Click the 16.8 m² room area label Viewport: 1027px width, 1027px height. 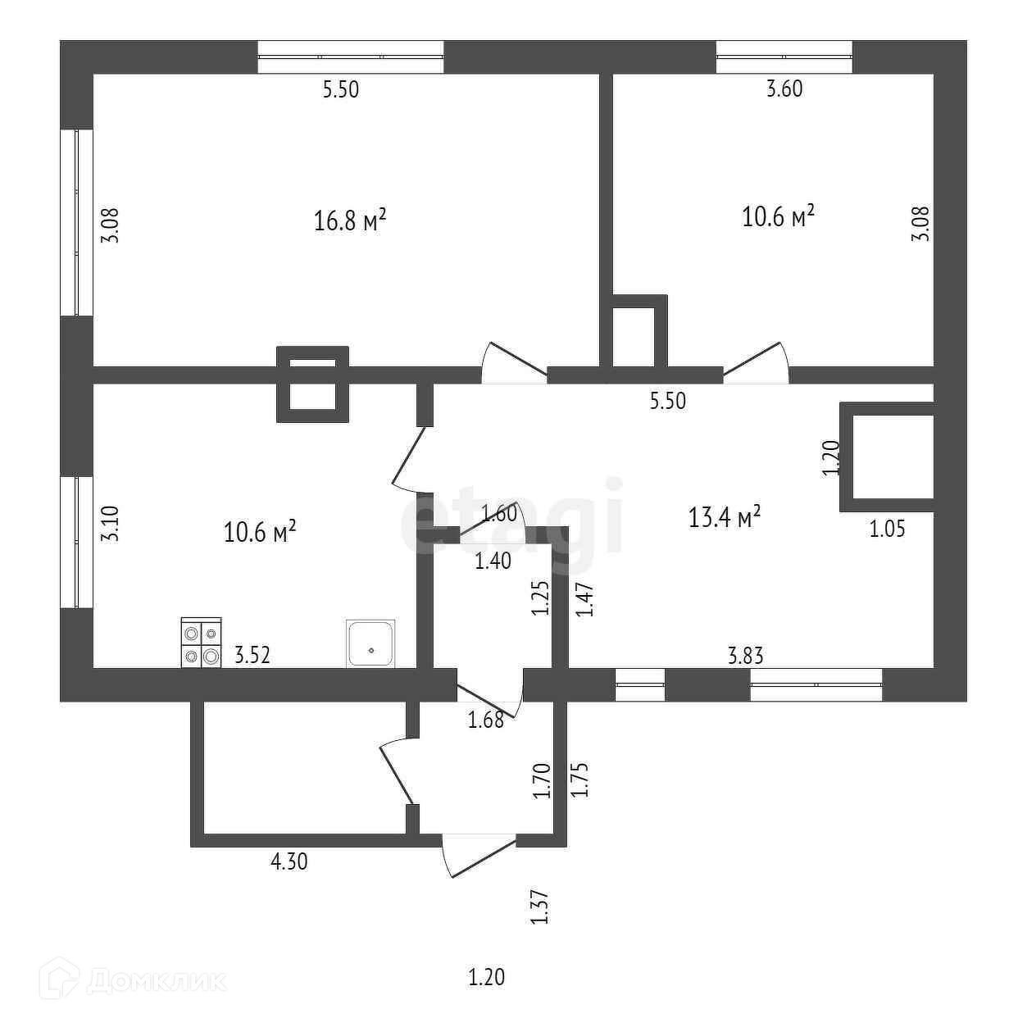pos(350,220)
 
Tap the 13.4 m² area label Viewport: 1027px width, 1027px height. pos(725,517)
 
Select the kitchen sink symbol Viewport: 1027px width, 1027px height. pos(370,643)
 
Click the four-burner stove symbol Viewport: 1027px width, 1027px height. pos(201,643)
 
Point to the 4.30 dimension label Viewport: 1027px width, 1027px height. pos(289,861)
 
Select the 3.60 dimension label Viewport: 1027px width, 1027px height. pos(784,89)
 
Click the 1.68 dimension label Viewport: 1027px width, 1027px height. pos(484,721)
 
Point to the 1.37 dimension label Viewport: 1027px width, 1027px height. pos(538,908)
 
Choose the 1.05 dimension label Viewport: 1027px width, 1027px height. pos(887,529)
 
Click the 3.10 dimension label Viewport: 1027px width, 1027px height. pos(109,525)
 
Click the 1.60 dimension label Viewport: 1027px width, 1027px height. pos(499,515)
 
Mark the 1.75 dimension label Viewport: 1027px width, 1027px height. pos(580,779)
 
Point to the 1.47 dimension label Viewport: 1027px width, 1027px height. pos(584,599)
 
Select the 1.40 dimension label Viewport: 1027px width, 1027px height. pos(493,561)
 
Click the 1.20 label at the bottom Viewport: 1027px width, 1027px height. pos(486,977)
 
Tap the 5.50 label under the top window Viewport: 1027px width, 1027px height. pos(341,89)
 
